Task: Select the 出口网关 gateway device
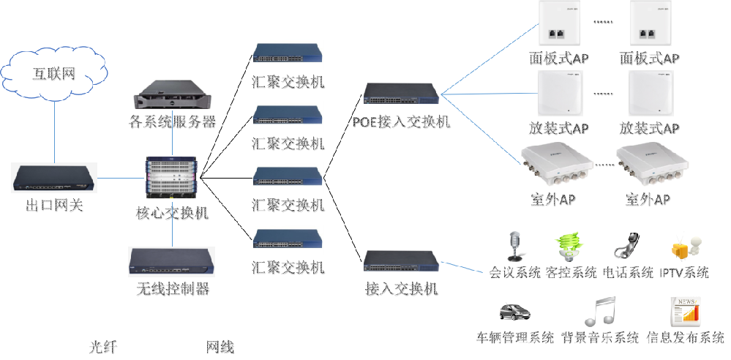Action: (55, 178)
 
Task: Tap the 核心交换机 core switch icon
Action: (172, 178)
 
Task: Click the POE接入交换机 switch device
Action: (402, 94)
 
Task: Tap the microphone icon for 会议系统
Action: (515, 246)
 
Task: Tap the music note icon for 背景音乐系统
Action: (600, 311)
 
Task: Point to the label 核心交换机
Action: (173, 213)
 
